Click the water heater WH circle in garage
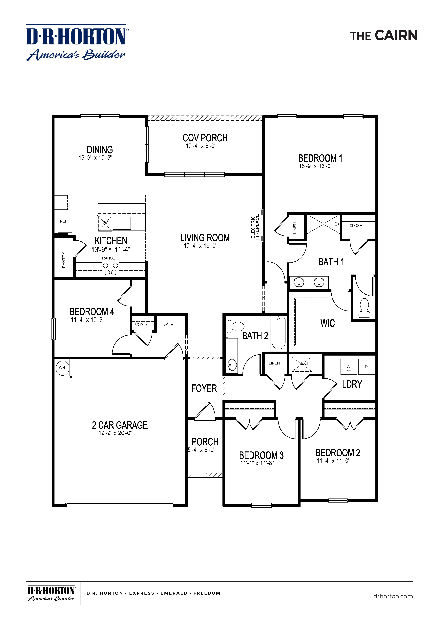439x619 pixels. pyautogui.click(x=62, y=368)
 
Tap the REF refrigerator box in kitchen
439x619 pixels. pyautogui.click(x=64, y=221)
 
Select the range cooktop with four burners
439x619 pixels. pyautogui.click(x=110, y=269)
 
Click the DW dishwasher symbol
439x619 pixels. pyautogui.click(x=105, y=223)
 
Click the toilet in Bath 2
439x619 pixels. pyautogui.click(x=234, y=326)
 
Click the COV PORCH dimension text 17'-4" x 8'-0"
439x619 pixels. pyautogui.click(x=201, y=146)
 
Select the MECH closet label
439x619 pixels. pyautogui.click(x=304, y=363)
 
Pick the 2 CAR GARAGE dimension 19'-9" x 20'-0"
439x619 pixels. pyautogui.click(x=115, y=433)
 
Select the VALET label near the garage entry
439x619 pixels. pyautogui.click(x=169, y=325)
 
